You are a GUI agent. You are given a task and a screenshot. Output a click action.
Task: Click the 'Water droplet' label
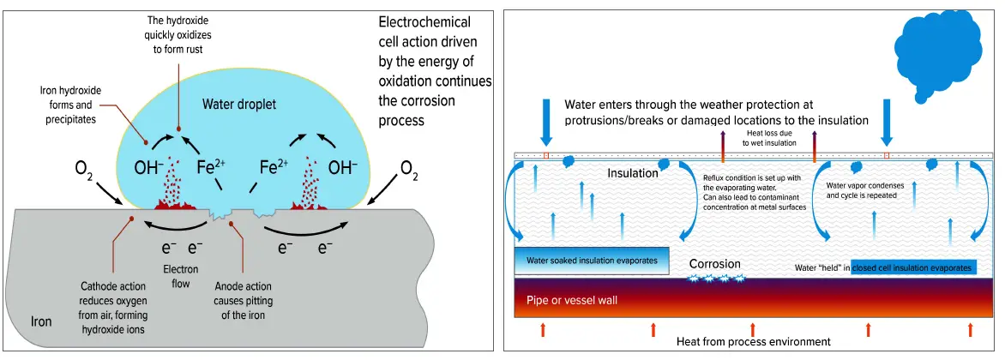point(241,105)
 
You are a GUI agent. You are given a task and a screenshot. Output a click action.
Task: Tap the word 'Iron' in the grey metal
point(41,322)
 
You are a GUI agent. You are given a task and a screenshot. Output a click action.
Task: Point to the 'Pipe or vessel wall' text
point(572,301)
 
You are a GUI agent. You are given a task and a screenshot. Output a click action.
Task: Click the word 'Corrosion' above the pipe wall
point(714,264)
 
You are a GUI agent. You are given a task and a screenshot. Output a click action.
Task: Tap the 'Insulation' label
point(633,173)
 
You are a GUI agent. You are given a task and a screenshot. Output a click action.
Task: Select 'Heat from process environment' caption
point(753,341)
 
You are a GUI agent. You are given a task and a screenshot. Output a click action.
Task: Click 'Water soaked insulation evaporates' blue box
point(592,260)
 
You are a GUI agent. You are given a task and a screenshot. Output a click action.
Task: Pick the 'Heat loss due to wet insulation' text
point(769,138)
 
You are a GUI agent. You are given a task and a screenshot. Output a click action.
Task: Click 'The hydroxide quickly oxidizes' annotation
point(178,33)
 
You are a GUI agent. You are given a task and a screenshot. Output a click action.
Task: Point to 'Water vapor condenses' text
point(860,190)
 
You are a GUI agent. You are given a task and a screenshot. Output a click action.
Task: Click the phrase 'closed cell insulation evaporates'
point(913,267)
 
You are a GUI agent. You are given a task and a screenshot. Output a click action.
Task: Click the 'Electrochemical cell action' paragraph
point(434,71)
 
